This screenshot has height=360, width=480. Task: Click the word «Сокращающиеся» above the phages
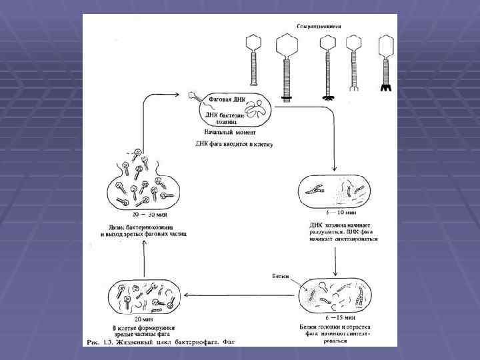pyautogui.click(x=319, y=25)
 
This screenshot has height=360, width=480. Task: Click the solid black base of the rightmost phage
pyautogui.click(x=385, y=87)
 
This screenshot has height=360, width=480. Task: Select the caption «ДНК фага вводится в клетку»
pyautogui.click(x=234, y=143)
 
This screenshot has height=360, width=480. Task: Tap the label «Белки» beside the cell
pyautogui.click(x=281, y=275)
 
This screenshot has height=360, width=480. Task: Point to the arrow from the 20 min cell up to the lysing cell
pyautogui.click(x=144, y=260)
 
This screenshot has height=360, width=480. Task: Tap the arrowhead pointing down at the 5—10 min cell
pyautogui.click(x=334, y=167)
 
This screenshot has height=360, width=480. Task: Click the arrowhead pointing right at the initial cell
pyautogui.click(x=185, y=95)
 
